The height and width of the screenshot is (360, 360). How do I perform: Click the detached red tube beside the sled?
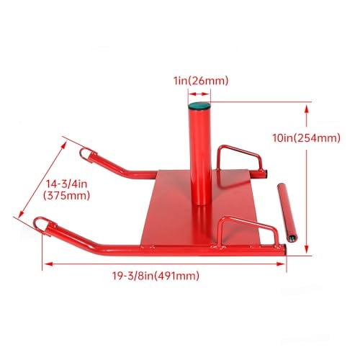tap(286, 213)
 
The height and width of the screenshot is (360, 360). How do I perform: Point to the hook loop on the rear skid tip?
tap(87, 153)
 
